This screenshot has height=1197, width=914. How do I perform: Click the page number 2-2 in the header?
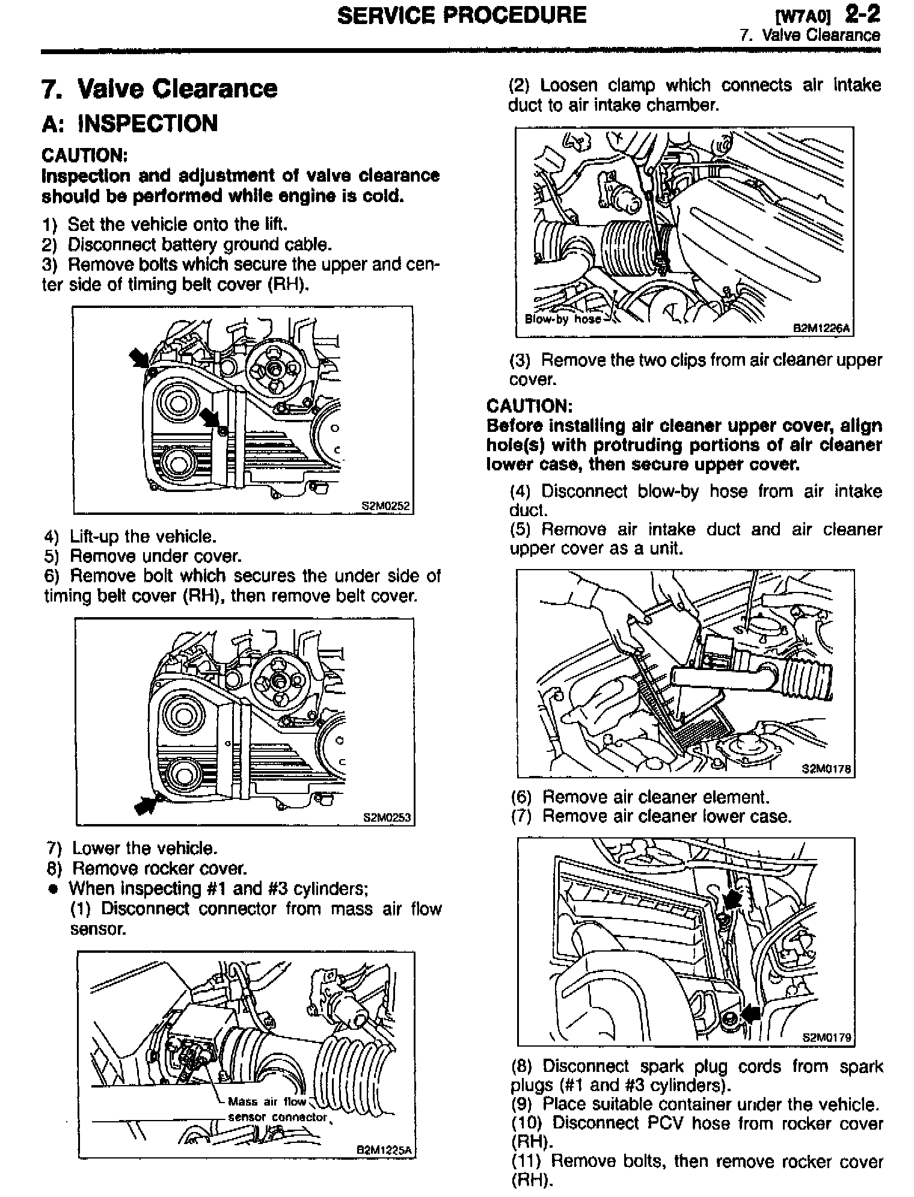pos(862,13)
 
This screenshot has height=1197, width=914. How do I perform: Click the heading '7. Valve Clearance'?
pos(160,89)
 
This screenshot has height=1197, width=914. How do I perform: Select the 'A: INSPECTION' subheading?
pos(130,124)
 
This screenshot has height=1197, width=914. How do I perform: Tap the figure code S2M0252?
pos(385,506)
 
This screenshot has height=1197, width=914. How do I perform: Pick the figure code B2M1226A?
pos(821,328)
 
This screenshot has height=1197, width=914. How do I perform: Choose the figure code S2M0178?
pos(827,769)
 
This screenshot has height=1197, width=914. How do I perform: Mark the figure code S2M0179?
pos(827,1037)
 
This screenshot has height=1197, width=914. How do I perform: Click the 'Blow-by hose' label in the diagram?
pos(563,319)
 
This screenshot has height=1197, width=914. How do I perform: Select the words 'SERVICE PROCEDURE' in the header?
pos(462,14)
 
